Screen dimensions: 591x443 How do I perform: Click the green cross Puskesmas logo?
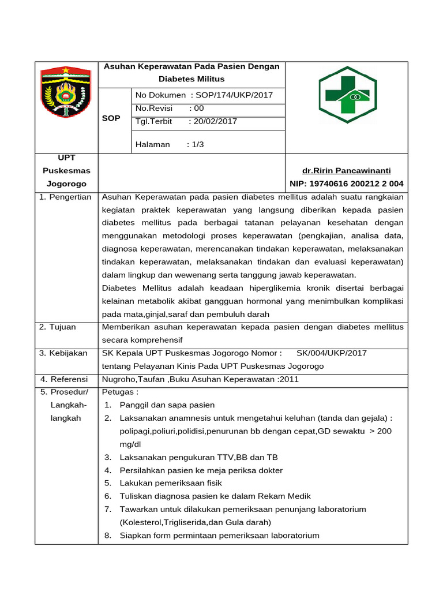click(x=347, y=95)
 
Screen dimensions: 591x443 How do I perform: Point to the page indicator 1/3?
click(x=196, y=144)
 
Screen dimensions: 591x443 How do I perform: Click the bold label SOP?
click(x=111, y=118)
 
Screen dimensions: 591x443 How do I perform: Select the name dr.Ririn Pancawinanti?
click(x=346, y=171)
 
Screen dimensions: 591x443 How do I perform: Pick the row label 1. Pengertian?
click(x=65, y=197)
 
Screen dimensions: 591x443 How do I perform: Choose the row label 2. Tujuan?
click(x=58, y=327)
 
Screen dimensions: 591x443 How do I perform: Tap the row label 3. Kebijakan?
click(x=63, y=353)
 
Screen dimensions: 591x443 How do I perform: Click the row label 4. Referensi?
click(x=63, y=379)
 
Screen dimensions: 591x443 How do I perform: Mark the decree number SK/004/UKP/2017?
click(x=331, y=353)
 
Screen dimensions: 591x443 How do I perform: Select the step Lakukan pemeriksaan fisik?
click(x=170, y=483)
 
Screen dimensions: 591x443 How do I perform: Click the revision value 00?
click(x=199, y=108)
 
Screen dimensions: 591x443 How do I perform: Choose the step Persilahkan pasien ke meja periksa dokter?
click(x=201, y=470)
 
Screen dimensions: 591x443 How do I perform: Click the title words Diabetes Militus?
click(x=192, y=78)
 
